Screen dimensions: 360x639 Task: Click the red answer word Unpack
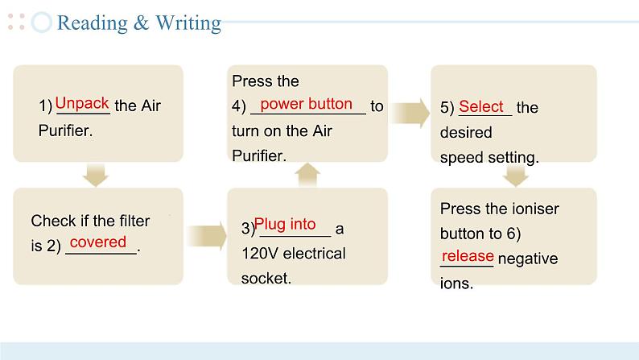pos(82,103)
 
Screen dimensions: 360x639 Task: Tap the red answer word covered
pos(98,242)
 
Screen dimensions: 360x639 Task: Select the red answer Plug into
pos(285,225)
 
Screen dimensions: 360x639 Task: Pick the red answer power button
pos(306,103)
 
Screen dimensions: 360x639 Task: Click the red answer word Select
pos(481,106)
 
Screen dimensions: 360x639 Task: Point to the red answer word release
pos(468,256)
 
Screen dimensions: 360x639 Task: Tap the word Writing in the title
pos(188,23)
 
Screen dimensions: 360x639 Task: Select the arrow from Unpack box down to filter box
pos(97,174)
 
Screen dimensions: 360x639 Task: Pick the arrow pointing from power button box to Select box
pos(411,113)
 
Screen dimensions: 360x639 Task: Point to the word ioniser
pos(535,209)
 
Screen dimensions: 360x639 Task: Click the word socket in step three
pos(265,279)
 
